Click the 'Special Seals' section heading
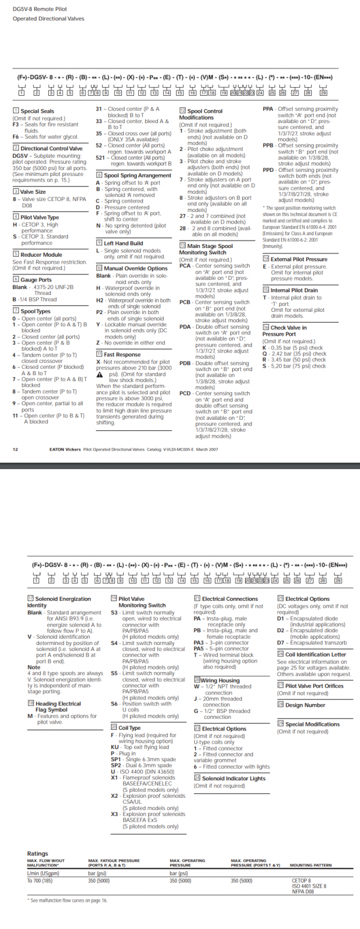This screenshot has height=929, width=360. [37, 111]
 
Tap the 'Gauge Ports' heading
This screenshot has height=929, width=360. [36, 279]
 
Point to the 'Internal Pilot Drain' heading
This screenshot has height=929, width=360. [294, 290]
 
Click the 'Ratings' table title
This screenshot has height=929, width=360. [38, 854]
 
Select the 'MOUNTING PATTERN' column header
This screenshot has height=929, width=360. [311, 865]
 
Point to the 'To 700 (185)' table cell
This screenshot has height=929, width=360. [39, 881]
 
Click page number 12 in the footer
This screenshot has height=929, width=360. [16, 449]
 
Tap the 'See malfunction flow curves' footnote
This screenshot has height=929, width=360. [69, 901]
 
